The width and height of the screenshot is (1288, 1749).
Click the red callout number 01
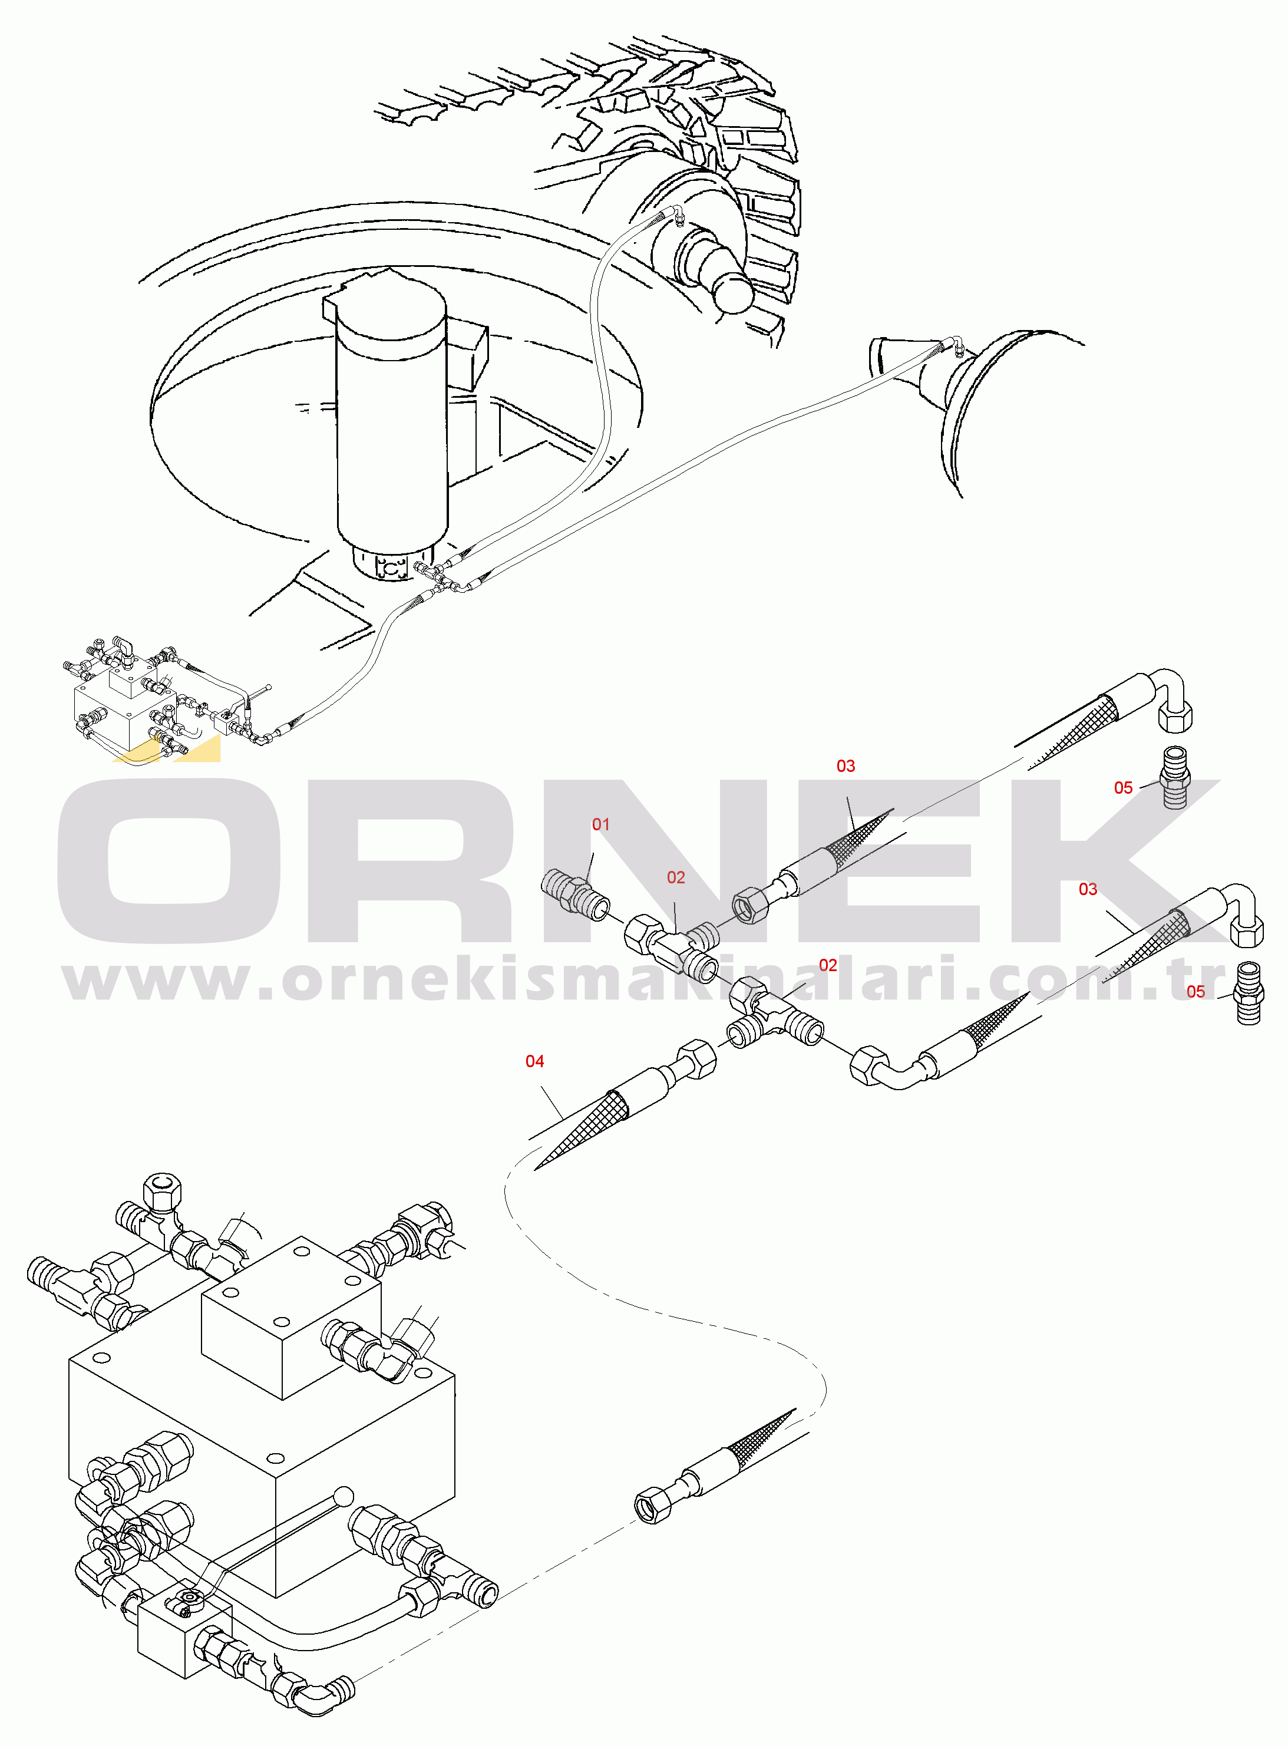[x=600, y=824]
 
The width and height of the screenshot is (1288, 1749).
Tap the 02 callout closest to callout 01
[x=676, y=877]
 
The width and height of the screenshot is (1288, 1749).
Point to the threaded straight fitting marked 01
[x=576, y=896]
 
